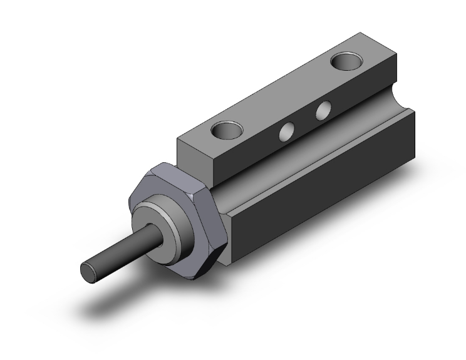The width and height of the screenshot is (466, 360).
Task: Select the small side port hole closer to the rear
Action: tap(323, 111)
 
